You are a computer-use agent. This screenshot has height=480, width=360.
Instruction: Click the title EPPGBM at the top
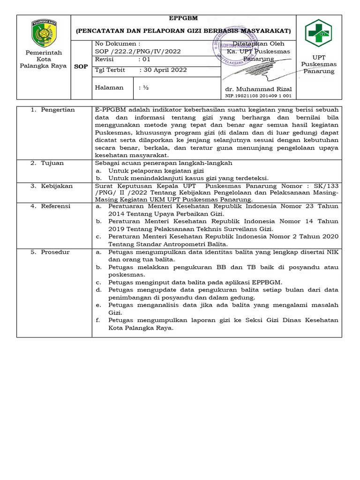[x=183, y=19]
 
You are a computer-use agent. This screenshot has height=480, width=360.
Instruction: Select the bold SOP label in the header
[x=81, y=67]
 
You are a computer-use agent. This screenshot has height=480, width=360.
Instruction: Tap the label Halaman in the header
[x=109, y=87]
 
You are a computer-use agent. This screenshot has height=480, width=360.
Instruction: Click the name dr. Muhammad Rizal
[x=258, y=89]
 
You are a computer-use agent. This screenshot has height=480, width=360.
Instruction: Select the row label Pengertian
[x=58, y=110]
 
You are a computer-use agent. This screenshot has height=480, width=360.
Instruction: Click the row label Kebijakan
[x=57, y=186]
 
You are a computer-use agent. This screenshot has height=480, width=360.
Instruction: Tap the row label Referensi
[x=56, y=206]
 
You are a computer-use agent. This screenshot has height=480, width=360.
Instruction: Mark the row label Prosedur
[x=55, y=252]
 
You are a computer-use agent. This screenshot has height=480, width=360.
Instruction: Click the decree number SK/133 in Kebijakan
[x=326, y=186]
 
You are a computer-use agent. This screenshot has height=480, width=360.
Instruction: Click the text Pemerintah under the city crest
[x=44, y=53]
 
